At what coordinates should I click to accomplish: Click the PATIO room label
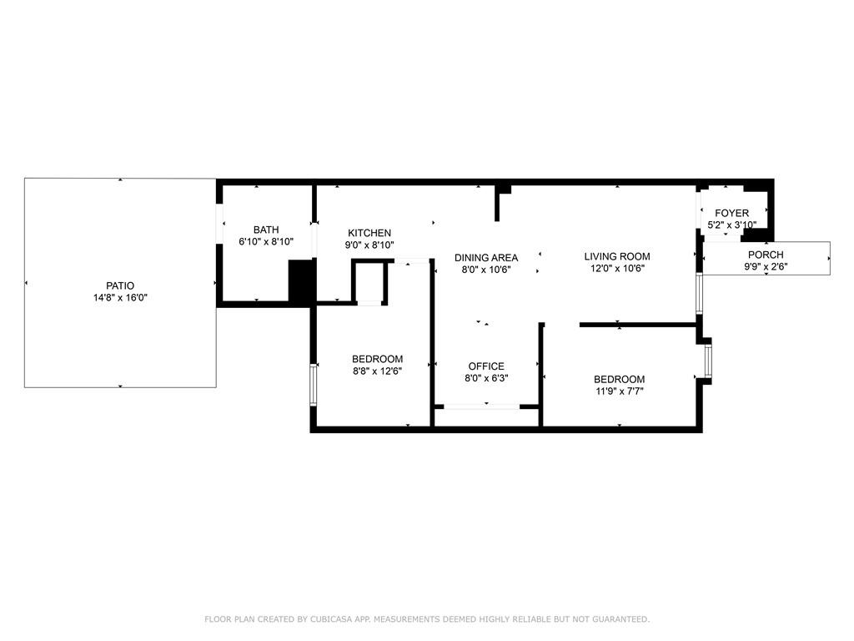click(120, 285)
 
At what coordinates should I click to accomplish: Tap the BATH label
click(266, 230)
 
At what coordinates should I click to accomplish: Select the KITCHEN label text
click(369, 234)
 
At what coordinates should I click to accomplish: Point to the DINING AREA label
click(486, 258)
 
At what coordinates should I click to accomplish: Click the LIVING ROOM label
click(617, 256)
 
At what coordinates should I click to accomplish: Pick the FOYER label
click(731, 213)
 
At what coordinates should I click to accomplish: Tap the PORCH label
click(766, 255)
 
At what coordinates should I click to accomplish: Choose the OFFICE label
click(486, 366)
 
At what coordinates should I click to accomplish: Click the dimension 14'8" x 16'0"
click(120, 298)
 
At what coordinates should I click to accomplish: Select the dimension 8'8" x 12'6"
click(377, 371)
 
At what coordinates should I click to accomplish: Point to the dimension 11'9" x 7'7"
click(620, 391)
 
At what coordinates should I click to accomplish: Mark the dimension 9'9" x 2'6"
click(766, 266)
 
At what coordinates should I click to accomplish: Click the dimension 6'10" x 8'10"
click(266, 241)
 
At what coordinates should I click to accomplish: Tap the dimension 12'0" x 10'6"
click(617, 268)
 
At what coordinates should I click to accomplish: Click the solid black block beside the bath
click(302, 281)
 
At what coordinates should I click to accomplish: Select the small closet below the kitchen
click(369, 282)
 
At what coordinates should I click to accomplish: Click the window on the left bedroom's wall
click(314, 385)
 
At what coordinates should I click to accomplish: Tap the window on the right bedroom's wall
click(708, 361)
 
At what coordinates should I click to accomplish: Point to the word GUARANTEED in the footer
click(620, 619)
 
